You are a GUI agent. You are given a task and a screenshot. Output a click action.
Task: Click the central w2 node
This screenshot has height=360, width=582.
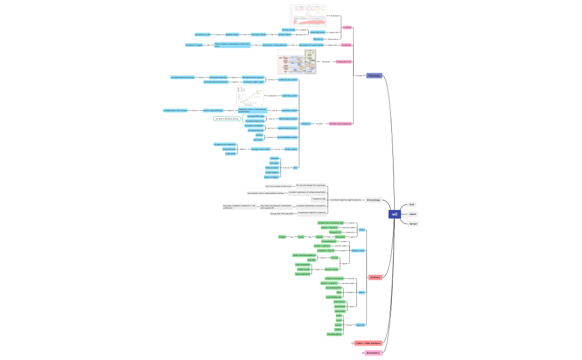(x=395, y=214)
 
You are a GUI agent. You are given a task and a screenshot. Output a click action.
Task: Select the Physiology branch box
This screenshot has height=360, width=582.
(x=374, y=75)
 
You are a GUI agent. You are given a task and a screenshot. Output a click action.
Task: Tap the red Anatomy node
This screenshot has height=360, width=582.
(x=375, y=277)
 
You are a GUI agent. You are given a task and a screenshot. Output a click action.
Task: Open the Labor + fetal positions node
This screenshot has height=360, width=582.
(x=368, y=343)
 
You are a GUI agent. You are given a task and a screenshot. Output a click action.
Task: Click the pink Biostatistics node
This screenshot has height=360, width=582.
(x=373, y=353)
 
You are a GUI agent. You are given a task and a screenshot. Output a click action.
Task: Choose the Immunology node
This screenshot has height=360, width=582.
(x=373, y=199)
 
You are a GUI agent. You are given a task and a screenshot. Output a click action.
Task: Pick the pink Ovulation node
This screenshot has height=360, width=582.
(x=348, y=27)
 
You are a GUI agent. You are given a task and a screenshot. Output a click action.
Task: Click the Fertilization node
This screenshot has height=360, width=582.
(x=346, y=45)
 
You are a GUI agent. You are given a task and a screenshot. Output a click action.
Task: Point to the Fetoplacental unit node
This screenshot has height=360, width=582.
(x=344, y=61)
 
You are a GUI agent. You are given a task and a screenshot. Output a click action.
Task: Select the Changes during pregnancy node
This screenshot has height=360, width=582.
(x=340, y=124)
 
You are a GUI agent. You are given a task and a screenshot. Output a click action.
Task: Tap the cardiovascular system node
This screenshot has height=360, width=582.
(x=288, y=80)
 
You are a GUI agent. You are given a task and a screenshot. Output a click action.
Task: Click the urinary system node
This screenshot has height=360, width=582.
(x=292, y=149)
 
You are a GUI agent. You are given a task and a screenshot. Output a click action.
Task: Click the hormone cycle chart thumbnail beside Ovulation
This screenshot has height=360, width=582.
(x=305, y=15)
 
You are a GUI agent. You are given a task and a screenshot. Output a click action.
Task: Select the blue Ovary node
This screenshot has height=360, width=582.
(x=362, y=229)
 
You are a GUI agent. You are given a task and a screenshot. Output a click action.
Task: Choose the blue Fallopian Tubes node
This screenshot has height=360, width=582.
(x=358, y=250)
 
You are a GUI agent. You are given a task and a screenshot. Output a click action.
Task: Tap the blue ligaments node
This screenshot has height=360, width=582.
(x=360, y=325)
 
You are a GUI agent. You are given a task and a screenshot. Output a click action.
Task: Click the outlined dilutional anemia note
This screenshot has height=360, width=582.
(x=228, y=119)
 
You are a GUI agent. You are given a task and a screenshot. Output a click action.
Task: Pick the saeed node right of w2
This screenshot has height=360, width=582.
(x=412, y=214)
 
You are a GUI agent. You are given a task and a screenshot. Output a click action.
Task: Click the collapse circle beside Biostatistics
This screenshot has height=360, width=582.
(x=363, y=353)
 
